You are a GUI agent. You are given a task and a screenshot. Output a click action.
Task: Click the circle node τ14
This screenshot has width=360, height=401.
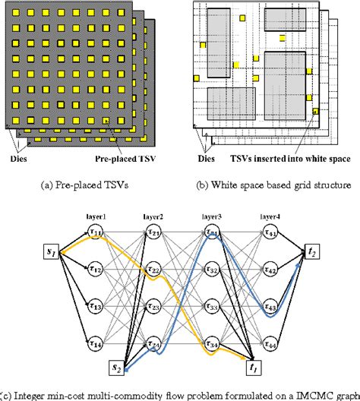point(95,342)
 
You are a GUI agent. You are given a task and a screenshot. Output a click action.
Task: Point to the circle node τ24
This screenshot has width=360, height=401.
point(153,342)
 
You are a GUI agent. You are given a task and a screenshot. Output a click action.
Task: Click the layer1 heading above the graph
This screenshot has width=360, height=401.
point(95,216)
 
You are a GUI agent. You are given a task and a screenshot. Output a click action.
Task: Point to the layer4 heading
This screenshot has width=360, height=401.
point(270,216)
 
